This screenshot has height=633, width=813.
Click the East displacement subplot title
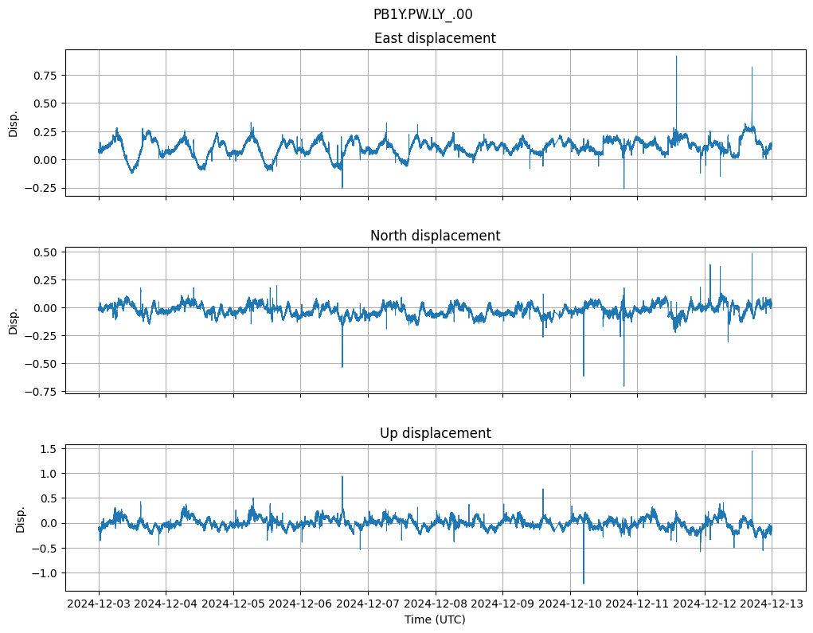point(435,38)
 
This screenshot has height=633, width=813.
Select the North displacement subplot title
point(435,236)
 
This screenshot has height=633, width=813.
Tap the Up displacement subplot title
point(435,433)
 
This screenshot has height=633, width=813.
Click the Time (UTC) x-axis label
point(435,619)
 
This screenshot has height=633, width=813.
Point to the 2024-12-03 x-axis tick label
point(99,604)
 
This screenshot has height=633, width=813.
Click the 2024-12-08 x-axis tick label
point(436,604)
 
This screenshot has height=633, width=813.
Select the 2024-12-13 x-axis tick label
point(772,604)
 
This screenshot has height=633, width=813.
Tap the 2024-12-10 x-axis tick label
point(570,604)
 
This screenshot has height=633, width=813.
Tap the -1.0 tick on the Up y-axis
point(48,573)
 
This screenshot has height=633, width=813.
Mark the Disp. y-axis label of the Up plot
point(21,518)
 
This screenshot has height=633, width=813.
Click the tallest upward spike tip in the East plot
point(677,56)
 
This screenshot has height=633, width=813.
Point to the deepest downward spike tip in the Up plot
point(584,584)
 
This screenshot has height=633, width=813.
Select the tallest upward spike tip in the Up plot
point(752,451)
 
